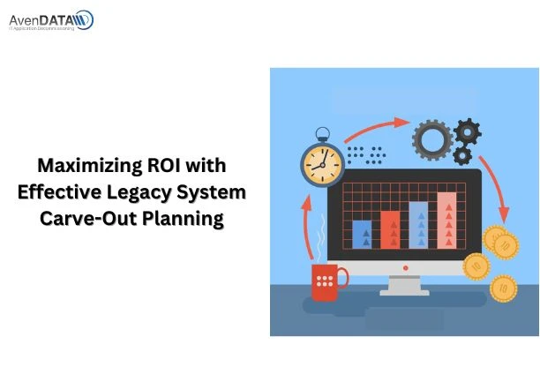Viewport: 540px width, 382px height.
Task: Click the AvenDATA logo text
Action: point(49,17)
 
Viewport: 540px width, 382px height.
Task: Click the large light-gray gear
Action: point(431,139)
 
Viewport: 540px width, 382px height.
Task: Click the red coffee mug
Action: point(325,281)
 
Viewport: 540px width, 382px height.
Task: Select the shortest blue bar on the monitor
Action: point(362,234)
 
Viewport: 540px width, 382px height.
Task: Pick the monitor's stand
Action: point(403,286)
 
